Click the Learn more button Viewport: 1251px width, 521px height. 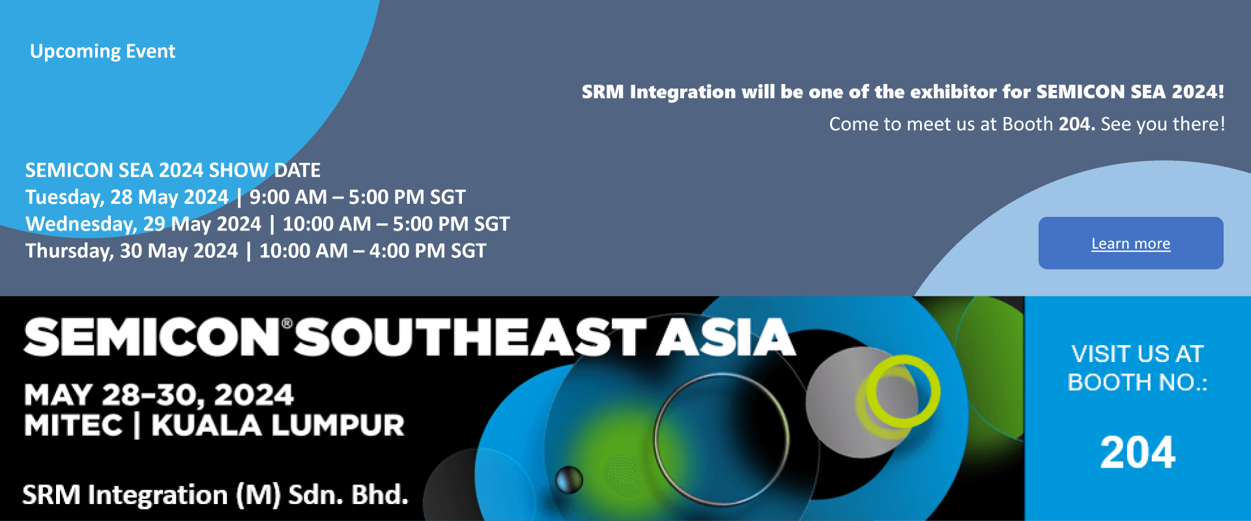point(1130,243)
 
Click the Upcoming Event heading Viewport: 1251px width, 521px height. point(102,51)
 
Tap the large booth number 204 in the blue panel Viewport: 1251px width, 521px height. point(1138,453)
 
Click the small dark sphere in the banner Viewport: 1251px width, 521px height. point(569,480)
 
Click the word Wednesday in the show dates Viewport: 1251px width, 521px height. point(80,224)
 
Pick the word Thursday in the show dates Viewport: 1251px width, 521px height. point(68,251)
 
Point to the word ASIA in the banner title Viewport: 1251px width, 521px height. point(725,337)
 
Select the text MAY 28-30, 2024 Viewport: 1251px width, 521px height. point(159,395)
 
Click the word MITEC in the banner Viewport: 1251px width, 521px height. point(73,426)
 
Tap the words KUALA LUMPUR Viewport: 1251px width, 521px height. point(278,426)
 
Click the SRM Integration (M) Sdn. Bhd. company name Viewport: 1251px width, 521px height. point(215,495)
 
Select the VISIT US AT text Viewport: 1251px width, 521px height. point(1137,354)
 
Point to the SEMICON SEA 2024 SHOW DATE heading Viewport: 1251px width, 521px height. point(173,171)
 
